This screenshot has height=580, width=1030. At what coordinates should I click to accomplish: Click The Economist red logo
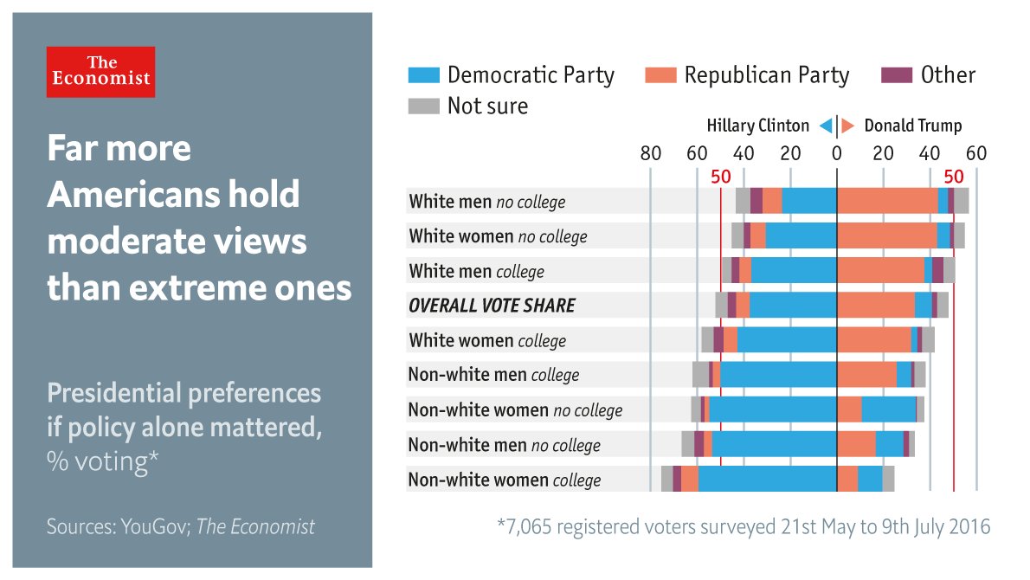100,71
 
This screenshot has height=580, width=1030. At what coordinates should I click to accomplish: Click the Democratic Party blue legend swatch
424,75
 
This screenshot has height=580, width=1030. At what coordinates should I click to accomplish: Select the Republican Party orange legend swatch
661,75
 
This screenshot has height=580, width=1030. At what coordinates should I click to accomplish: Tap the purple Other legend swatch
897,75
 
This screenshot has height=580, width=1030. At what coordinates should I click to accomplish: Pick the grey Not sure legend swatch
424,106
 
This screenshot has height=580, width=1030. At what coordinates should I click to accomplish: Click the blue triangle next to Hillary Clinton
826,126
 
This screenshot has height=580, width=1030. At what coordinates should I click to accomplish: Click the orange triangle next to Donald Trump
848,126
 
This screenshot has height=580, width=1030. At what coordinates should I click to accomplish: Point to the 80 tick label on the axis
650,154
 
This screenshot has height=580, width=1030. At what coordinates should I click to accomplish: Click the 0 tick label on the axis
836,154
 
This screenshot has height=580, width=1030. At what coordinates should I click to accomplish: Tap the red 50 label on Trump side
954,177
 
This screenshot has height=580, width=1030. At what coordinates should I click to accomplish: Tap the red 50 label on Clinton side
721,177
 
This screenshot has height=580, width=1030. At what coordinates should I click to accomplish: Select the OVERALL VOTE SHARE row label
492,306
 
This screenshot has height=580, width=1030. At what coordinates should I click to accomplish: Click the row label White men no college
486,202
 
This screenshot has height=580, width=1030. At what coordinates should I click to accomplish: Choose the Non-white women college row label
504,480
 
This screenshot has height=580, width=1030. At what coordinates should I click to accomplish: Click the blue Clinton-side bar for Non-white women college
767,479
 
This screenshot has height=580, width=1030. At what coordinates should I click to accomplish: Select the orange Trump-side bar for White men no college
887,201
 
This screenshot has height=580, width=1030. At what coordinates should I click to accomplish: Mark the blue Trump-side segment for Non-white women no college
889,409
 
